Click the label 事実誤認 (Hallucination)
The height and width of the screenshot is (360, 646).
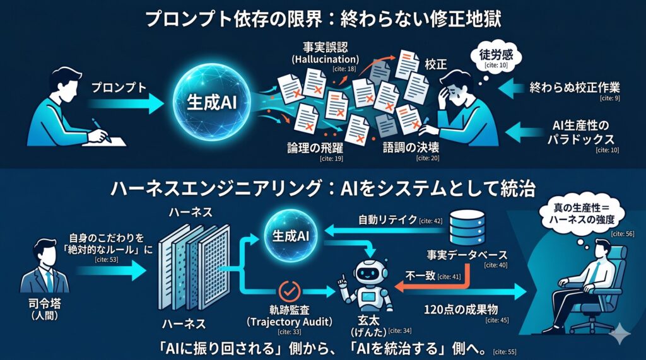coord(325,54)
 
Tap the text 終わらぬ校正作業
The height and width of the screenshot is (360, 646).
coord(570,88)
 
